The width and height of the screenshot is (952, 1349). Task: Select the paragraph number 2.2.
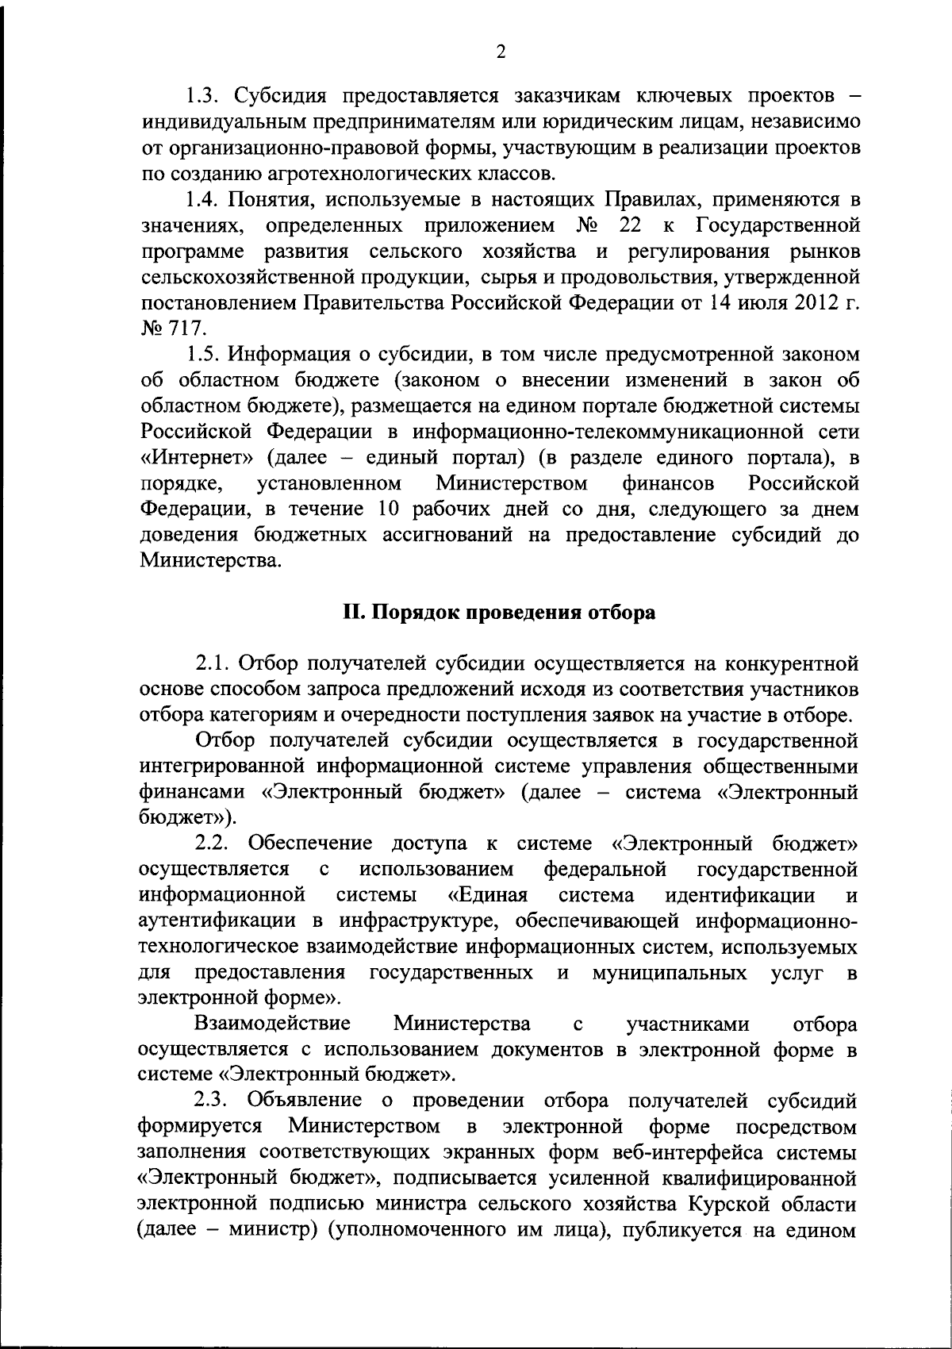(x=213, y=842)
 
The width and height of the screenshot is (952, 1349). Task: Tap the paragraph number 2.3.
(x=213, y=1101)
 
